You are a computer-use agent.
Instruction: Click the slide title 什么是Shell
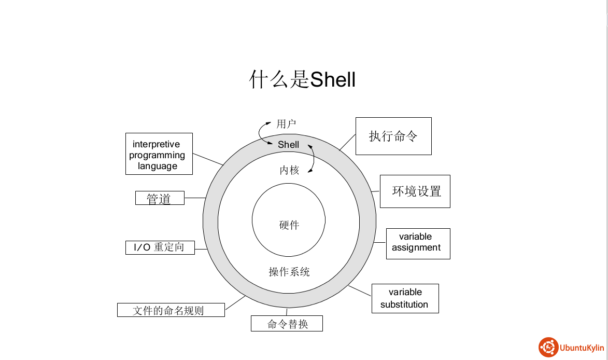(x=303, y=80)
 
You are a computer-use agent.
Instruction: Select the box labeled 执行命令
(x=393, y=136)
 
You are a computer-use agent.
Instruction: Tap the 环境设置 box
(x=415, y=191)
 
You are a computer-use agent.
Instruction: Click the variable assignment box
(x=418, y=243)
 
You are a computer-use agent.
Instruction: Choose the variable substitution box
(x=405, y=298)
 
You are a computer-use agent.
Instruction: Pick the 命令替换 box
(x=287, y=324)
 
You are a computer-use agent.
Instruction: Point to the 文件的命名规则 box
(x=171, y=310)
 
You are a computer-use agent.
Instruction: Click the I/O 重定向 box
(x=160, y=247)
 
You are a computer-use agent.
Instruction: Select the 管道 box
(x=160, y=198)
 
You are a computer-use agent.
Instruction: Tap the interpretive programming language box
(x=159, y=155)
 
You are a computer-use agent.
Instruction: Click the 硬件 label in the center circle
(x=289, y=225)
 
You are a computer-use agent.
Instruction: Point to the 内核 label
(x=289, y=170)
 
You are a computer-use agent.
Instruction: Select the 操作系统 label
(x=289, y=271)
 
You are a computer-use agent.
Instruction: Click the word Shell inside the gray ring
(x=288, y=145)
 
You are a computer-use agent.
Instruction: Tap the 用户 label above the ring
(x=286, y=124)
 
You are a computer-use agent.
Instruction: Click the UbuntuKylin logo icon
(x=548, y=347)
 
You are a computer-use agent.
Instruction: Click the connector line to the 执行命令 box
(x=347, y=142)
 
